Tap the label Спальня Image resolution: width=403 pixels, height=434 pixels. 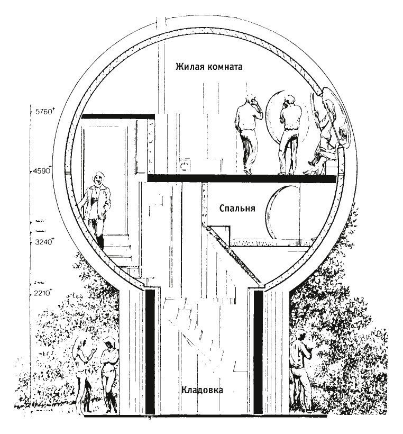pos(237,209)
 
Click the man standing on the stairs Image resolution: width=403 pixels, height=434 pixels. pos(96,206)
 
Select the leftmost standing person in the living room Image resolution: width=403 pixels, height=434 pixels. pos(246,132)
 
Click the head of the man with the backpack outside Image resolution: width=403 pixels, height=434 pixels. pos(300,335)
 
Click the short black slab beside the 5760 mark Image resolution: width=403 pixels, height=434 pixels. pos(117,116)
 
